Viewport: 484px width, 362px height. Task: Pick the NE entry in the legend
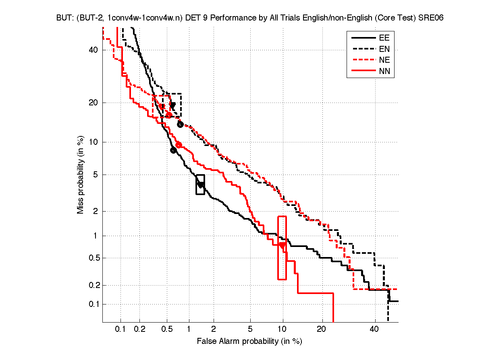(x=384, y=60)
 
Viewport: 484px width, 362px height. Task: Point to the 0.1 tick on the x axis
(x=120, y=329)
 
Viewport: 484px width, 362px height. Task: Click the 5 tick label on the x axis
(x=250, y=329)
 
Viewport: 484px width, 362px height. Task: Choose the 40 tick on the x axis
(x=374, y=329)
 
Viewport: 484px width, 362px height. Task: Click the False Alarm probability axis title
(x=249, y=341)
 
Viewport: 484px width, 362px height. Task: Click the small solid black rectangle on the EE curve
(x=200, y=185)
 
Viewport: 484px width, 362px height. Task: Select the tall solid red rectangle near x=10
(x=282, y=248)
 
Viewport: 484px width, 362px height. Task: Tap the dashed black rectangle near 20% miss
(x=172, y=105)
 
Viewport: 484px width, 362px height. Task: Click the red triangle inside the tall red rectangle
(x=282, y=245)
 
